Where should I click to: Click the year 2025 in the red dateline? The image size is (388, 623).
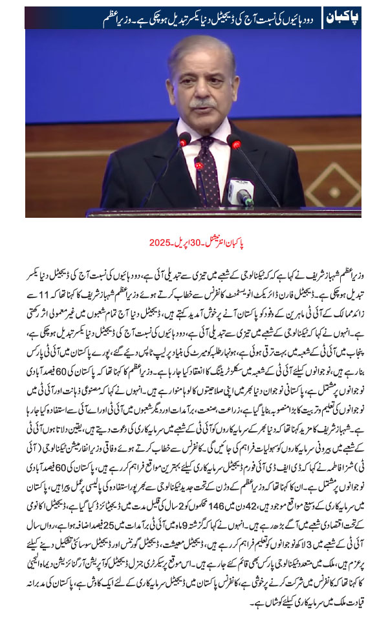click(159, 244)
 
